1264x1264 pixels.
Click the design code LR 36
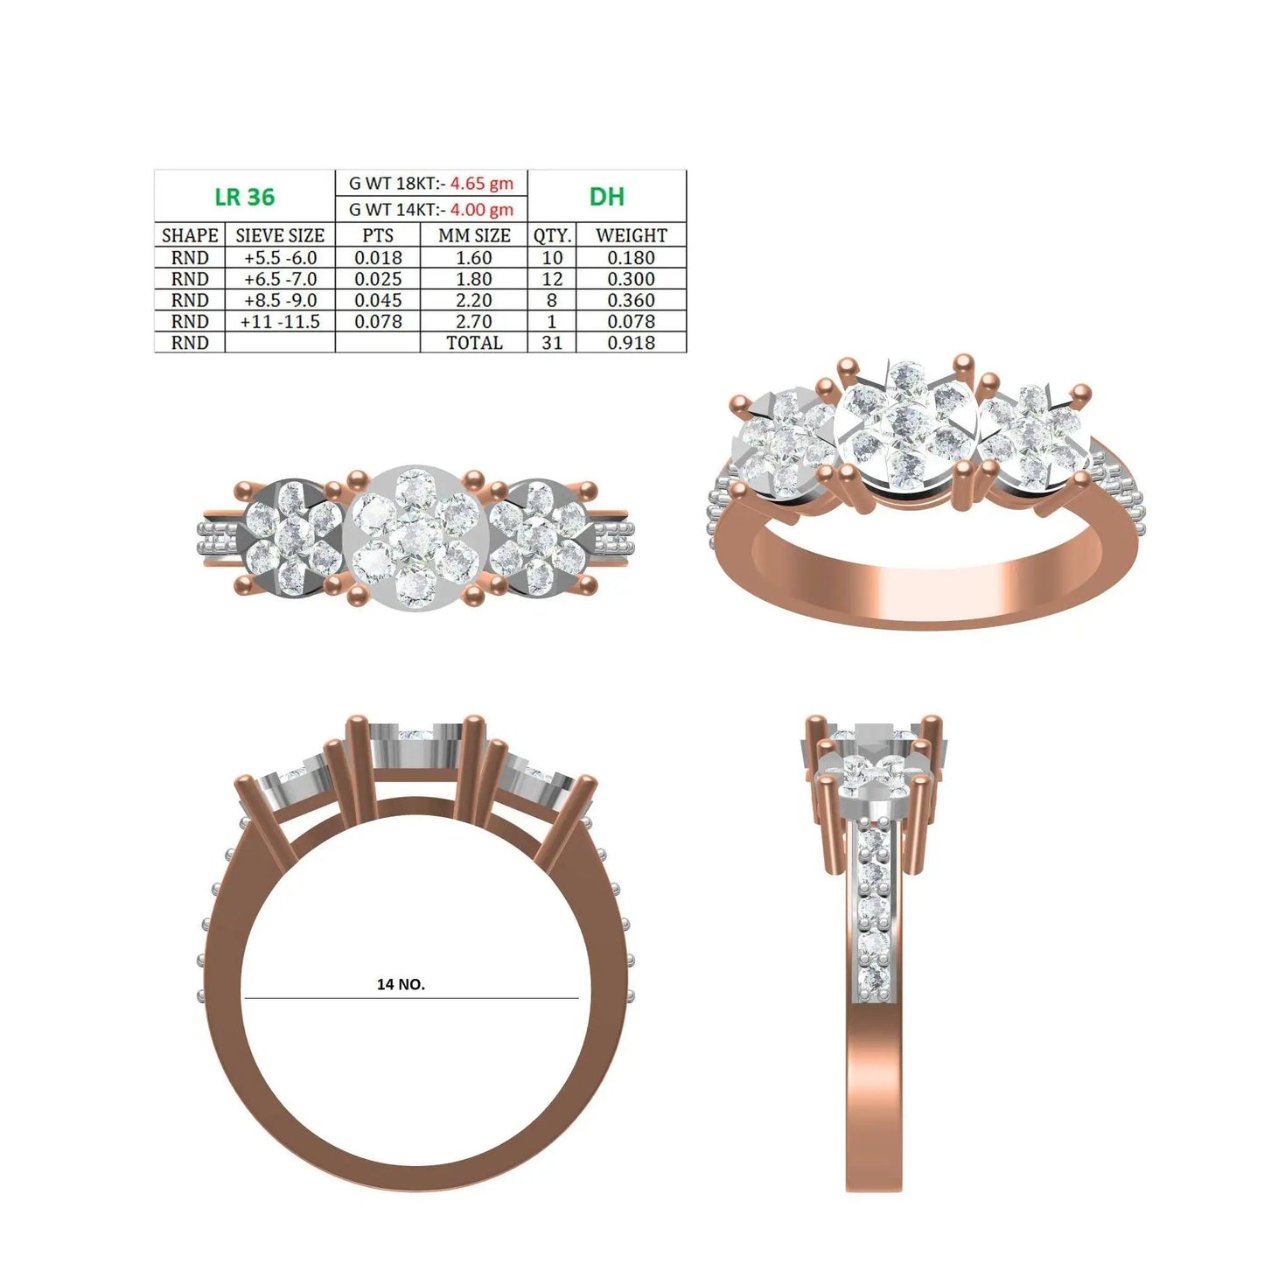245,196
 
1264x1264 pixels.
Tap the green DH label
606,196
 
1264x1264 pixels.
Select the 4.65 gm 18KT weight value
481,183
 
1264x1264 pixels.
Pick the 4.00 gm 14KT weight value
481,210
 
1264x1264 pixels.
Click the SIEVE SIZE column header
280,235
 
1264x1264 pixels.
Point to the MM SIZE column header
474,235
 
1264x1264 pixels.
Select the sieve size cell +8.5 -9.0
280,300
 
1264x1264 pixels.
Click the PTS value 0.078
378,321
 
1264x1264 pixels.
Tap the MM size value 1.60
474,258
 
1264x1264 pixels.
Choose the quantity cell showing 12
552,279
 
